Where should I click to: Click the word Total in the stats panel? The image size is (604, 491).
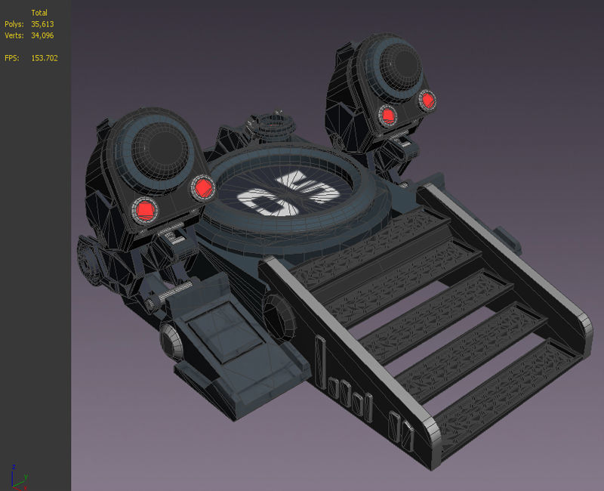click(39, 13)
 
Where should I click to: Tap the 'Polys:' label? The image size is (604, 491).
click(14, 24)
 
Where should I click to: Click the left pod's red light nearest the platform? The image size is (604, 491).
click(202, 187)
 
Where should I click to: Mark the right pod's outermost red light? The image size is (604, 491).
click(428, 99)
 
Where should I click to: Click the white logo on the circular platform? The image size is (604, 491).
click(279, 192)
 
